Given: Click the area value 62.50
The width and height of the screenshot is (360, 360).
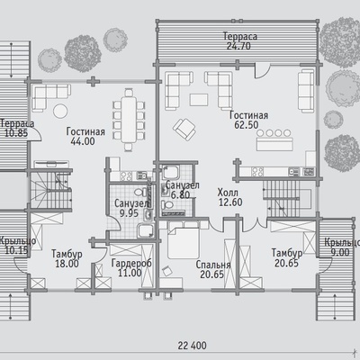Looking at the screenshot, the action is [246, 125].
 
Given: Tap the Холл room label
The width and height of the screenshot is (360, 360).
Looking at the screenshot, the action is [228, 192].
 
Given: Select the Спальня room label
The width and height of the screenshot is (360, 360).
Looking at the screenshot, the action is [213, 265].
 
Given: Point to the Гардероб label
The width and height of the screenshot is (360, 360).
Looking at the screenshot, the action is [131, 263].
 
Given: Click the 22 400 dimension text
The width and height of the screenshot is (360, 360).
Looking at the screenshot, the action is [192, 346].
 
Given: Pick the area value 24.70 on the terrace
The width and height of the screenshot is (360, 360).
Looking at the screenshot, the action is [238, 46].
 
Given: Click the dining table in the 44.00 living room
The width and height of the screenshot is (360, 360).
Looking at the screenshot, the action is [129, 120].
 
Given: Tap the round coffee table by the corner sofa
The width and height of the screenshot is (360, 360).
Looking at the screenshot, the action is [60, 112].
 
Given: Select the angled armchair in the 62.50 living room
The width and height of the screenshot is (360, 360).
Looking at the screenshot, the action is [184, 129].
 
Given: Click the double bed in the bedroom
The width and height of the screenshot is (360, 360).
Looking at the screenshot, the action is [183, 243].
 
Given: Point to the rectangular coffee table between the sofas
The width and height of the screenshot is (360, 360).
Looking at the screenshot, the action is [199, 100].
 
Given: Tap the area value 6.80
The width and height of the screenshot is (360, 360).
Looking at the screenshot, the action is [180, 195].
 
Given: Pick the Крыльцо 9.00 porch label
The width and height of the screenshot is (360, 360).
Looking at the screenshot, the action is [342, 247].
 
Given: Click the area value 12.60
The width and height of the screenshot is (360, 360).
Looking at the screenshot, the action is [230, 202].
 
